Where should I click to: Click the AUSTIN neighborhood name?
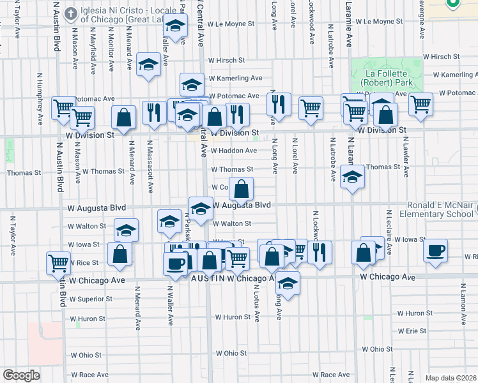tap(203, 279)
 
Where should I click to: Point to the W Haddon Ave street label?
tap(233, 151)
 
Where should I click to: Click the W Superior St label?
tap(91, 299)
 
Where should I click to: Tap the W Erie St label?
tap(412, 331)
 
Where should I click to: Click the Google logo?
tap(21, 375)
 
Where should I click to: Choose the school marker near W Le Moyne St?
tap(175, 27)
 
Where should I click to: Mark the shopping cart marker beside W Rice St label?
tap(58, 262)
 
